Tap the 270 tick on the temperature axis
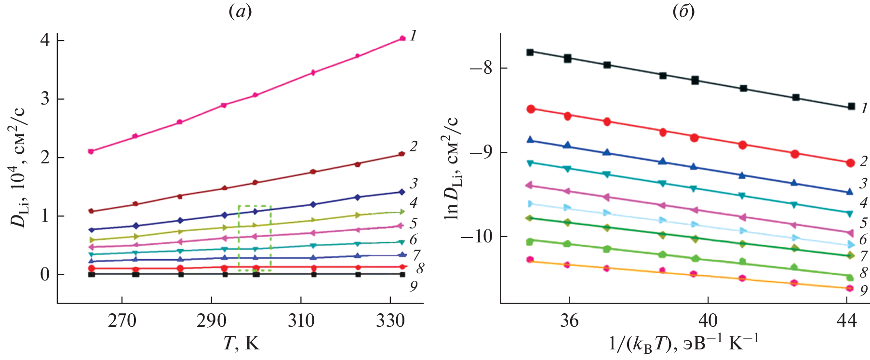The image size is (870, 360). [122, 320]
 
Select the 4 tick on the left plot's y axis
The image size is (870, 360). [45, 40]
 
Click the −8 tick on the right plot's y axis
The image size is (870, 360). [481, 68]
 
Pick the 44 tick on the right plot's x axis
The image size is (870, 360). [846, 320]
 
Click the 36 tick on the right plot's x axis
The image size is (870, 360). [569, 320]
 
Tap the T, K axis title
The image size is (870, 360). [241, 343]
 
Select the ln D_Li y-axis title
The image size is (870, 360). [452, 169]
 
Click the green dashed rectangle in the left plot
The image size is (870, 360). [254, 238]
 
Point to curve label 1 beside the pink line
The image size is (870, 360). [413, 36]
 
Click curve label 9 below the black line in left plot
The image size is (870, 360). [414, 286]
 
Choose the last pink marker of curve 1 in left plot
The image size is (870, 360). [402, 39]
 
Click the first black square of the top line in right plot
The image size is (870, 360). [530, 52]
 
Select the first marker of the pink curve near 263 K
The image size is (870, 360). [91, 151]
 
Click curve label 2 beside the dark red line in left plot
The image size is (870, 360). [413, 146]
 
